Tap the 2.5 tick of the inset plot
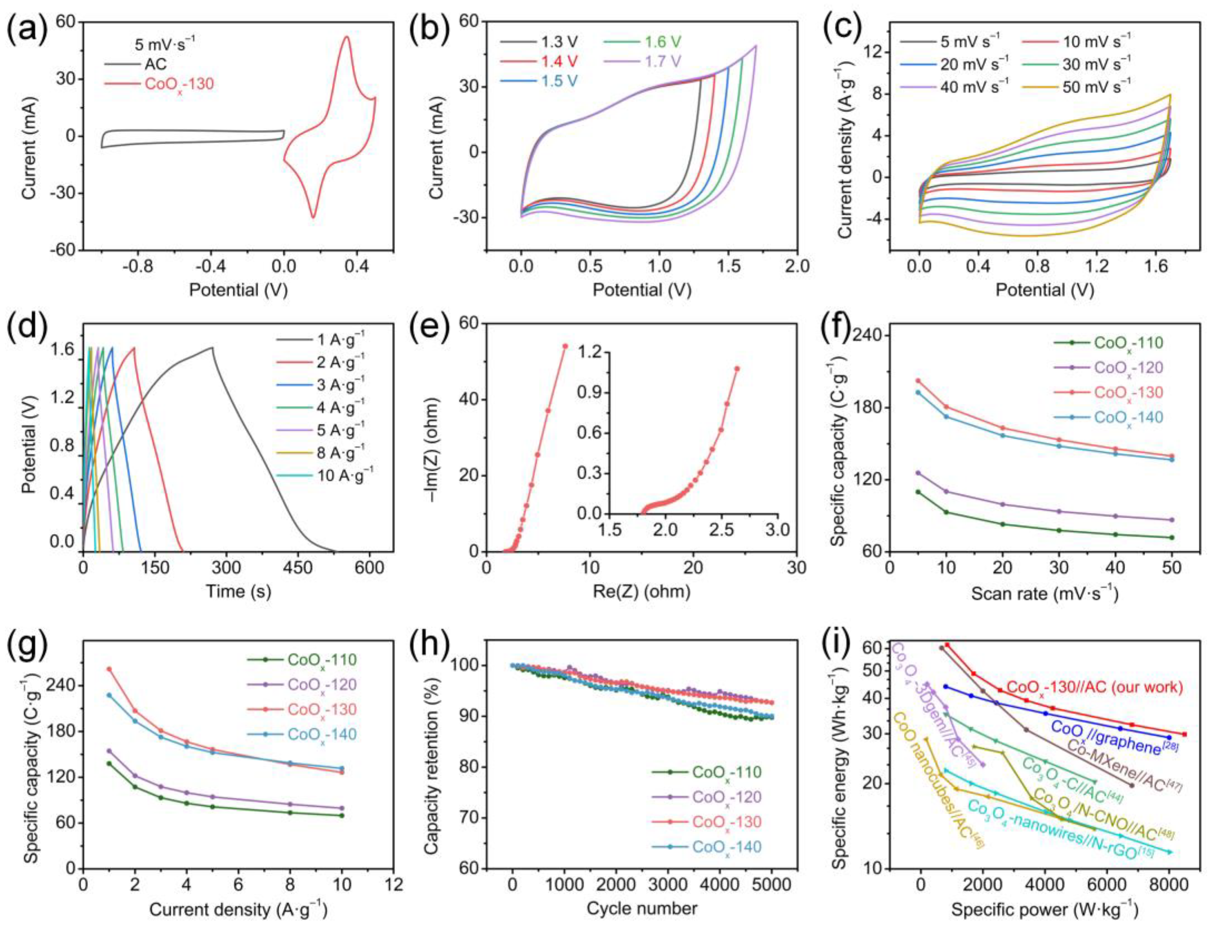coord(721,531)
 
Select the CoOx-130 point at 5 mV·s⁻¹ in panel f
coord(918,380)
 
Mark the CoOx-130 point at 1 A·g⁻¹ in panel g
coord(109,669)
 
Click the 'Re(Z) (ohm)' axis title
coord(641,592)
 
